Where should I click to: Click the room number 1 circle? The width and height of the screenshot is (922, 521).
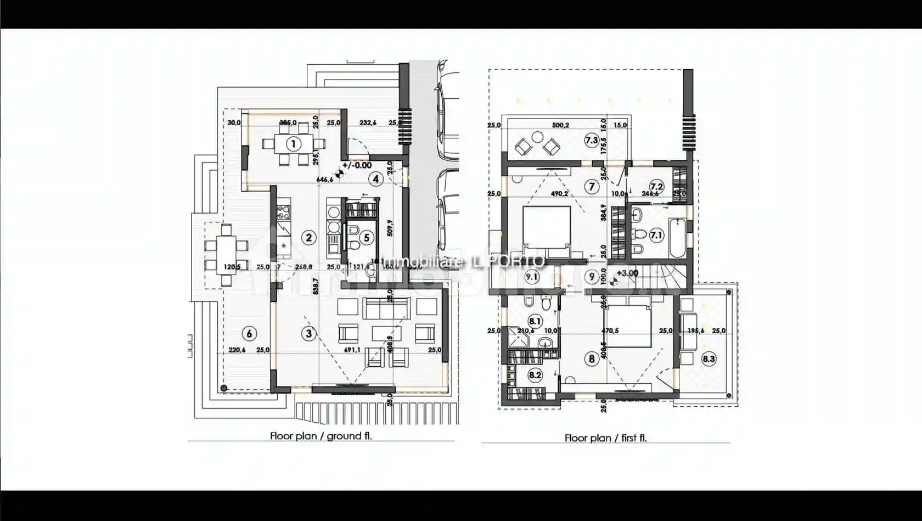point(294,144)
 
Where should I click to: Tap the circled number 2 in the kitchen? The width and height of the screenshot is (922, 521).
point(309,237)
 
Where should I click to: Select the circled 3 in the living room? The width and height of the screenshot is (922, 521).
point(309,333)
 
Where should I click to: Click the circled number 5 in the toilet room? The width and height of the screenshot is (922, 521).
point(367,238)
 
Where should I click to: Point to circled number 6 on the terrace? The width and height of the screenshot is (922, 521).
point(249,333)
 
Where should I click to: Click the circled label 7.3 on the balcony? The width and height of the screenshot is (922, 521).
point(591,140)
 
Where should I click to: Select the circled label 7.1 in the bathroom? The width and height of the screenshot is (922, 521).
point(656,236)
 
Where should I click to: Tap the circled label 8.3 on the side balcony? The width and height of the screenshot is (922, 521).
point(709,359)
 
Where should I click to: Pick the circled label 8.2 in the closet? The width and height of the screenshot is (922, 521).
point(535,376)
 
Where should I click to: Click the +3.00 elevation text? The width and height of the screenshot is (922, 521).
point(627,273)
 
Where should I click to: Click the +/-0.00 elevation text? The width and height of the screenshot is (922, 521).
point(357,165)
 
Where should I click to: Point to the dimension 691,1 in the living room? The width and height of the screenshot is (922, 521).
point(352,350)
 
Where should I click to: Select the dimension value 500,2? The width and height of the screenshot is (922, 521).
point(560,125)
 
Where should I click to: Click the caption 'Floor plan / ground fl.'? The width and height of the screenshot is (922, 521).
point(321,436)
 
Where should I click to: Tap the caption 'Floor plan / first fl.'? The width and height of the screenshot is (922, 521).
point(605,438)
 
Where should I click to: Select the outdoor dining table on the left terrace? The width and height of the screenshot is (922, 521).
point(226,255)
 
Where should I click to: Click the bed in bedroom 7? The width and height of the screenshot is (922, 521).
point(547,231)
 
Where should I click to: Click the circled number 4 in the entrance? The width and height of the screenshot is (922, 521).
point(375,178)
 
